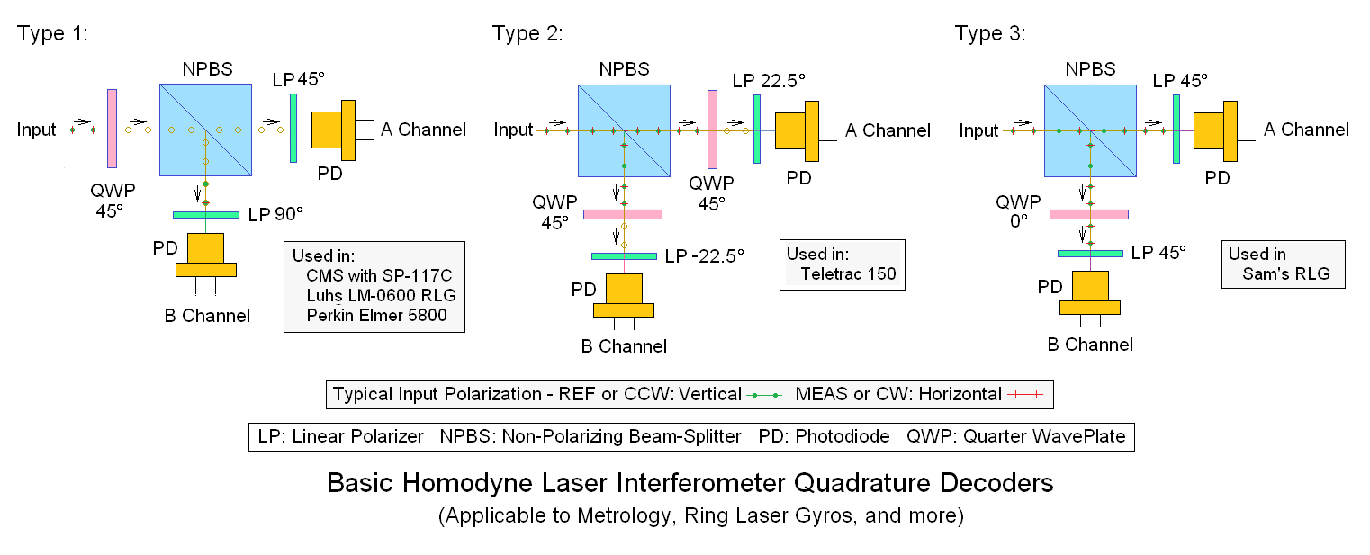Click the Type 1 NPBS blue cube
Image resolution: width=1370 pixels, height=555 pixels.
pyautogui.click(x=205, y=130)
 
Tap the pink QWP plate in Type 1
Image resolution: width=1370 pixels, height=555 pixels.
pyautogui.click(x=112, y=128)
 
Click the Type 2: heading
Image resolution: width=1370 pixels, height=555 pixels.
pyautogui.click(x=527, y=34)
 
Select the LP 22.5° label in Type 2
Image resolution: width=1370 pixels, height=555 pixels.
pyautogui.click(x=769, y=80)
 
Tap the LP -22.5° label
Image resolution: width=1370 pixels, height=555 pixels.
pyautogui.click(x=705, y=255)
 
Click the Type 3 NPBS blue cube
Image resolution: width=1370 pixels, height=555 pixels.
pyautogui.click(x=1090, y=130)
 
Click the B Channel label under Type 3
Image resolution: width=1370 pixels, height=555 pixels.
pyautogui.click(x=1090, y=344)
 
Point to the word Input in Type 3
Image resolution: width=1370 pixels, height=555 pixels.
pyautogui.click(x=978, y=130)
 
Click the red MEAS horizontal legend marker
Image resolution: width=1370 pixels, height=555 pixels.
pyautogui.click(x=1028, y=394)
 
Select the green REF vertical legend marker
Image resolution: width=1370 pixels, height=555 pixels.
pyautogui.click(x=765, y=394)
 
